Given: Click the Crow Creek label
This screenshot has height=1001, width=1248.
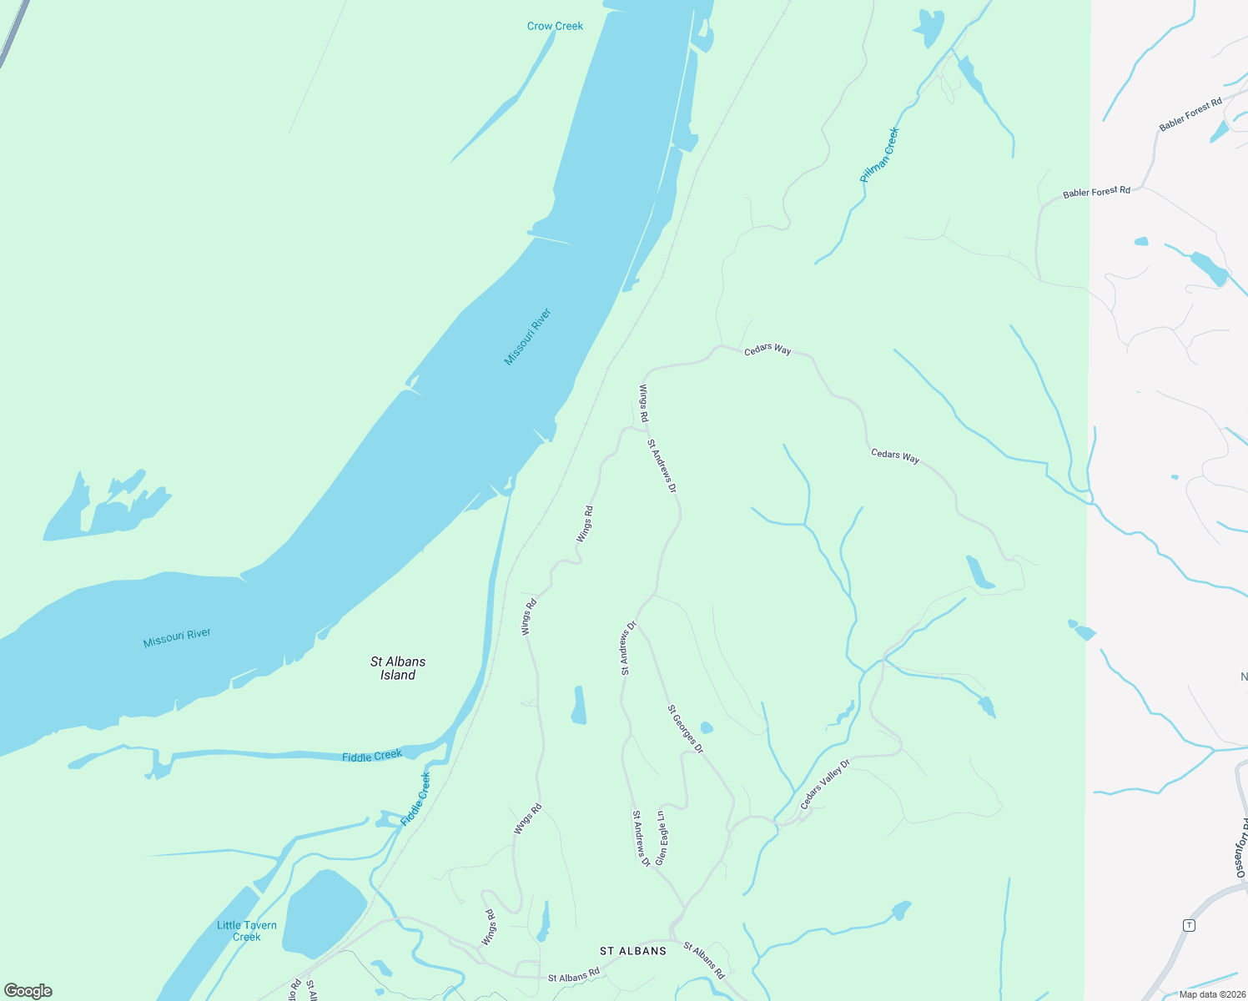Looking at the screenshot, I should click(x=555, y=26).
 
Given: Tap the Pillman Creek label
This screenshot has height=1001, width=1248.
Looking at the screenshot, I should click(x=880, y=155).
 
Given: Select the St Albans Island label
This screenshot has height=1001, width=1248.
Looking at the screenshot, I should click(x=398, y=668).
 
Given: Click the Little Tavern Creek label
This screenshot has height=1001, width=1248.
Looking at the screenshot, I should click(x=246, y=931).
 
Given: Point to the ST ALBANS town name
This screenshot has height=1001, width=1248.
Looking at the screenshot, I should click(x=633, y=951).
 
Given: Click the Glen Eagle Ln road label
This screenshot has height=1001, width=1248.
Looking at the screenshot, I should click(x=661, y=838).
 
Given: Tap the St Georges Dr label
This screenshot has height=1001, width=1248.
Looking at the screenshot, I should click(x=685, y=729).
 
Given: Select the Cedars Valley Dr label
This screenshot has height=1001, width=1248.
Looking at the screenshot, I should click(x=824, y=784).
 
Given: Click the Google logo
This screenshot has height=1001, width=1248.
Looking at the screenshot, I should click(x=28, y=991).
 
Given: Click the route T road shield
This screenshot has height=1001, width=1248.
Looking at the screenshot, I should click(x=1189, y=925).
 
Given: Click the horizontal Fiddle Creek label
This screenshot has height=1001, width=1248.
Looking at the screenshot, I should click(x=372, y=756).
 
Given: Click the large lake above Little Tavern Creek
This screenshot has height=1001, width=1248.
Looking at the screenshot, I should click(x=324, y=913).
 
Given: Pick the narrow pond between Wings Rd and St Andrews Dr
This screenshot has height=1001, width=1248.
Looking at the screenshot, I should click(x=578, y=706).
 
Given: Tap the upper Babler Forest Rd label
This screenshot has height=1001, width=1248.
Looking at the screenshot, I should click(x=1190, y=114).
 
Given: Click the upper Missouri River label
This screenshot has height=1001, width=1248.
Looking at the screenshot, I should click(x=527, y=337).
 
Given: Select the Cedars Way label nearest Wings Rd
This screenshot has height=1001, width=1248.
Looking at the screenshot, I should click(x=767, y=350).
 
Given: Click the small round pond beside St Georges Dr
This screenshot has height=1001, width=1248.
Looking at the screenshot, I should click(x=707, y=727).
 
